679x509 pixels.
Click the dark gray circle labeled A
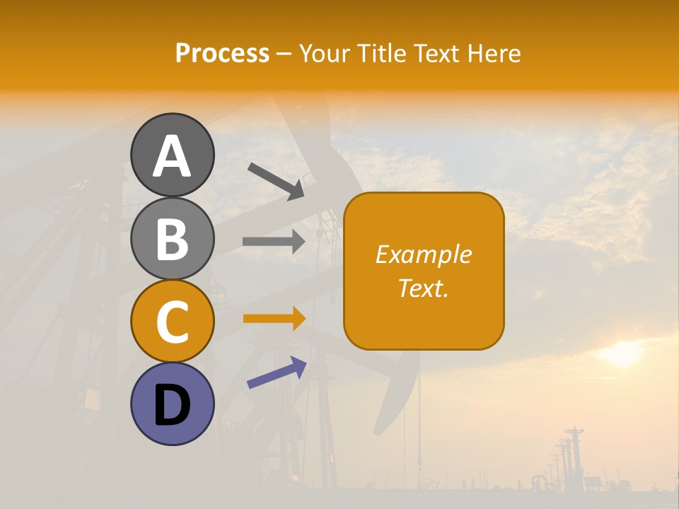pos(172,155)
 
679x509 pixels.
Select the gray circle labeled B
pos(172,238)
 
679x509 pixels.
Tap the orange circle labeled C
pos(172,321)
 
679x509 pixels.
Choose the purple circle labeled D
pos(172,404)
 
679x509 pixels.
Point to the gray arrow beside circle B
pos(274,242)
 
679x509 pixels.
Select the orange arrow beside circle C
pos(274,319)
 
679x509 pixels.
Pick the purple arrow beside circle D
pos(277,373)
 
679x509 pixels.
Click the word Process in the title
pos(222,54)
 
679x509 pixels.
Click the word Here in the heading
pos(494,54)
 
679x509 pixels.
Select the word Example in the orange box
pos(424,255)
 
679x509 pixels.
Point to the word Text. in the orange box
pos(424,288)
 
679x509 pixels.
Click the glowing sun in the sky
pos(622,353)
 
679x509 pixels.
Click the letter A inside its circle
pos(172,156)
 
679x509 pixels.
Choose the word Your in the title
pos(323,54)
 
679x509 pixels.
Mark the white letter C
pos(172,322)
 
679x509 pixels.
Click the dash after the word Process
pos(284,54)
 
